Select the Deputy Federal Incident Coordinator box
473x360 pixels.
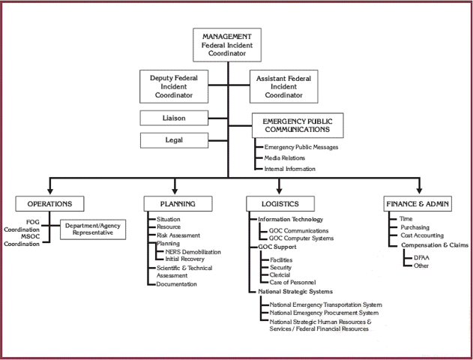click(177, 86)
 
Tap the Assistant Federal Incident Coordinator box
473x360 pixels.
click(284, 86)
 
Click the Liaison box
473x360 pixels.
click(173, 118)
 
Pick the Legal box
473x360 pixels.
click(173, 140)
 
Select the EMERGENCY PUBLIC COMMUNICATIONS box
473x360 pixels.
click(297, 125)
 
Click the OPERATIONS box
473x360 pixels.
click(49, 203)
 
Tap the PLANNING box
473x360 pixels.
click(178, 203)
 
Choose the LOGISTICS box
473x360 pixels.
click(281, 203)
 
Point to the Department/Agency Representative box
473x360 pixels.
click(91, 229)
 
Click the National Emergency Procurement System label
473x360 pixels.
click(324, 313)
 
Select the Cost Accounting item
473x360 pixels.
click(422, 235)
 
